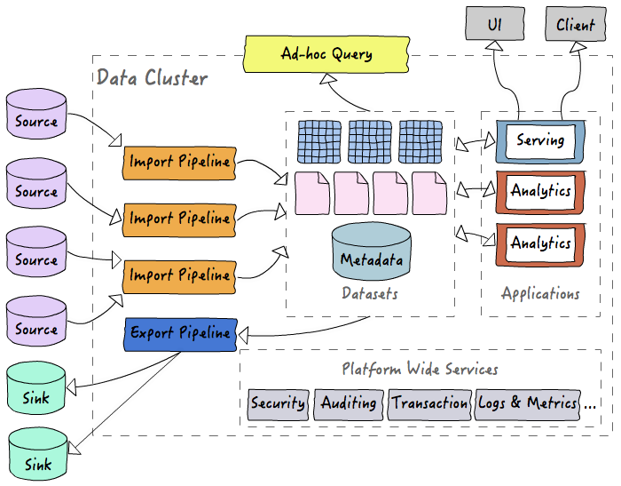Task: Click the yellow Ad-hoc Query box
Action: (325, 54)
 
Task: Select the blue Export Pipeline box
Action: (180, 333)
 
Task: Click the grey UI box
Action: (494, 24)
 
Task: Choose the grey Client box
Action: (575, 24)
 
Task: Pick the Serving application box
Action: (539, 140)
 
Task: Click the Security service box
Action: (278, 402)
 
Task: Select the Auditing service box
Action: (348, 402)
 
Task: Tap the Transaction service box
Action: (429, 402)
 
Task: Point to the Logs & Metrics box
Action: (528, 402)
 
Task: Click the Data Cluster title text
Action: (152, 78)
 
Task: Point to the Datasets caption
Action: (370, 293)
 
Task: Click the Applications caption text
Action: (539, 293)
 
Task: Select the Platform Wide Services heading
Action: (420, 369)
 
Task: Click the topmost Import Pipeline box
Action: (180, 162)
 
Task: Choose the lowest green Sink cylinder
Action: (38, 455)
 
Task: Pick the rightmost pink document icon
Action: (429, 193)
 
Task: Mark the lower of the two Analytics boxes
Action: (539, 243)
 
